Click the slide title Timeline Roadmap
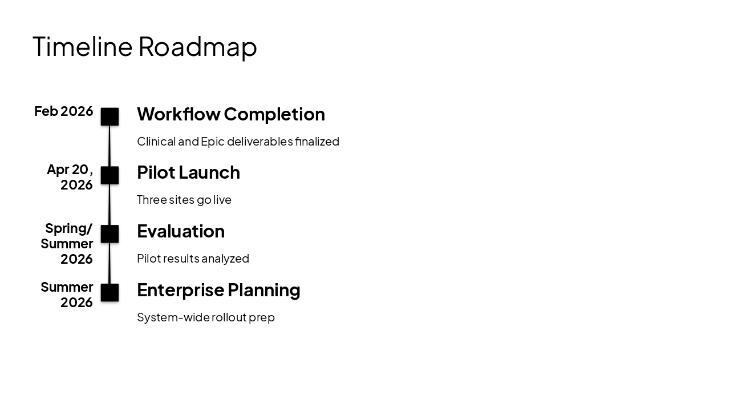pos(145,47)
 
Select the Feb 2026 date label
pos(64,111)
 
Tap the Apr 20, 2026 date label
pos(70,177)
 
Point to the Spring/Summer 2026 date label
pos(67,244)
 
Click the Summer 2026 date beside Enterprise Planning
pos(67,295)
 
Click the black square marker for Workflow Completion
pos(109,116)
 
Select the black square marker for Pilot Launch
pos(109,175)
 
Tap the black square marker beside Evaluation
pos(109,234)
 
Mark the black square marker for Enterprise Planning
pos(109,293)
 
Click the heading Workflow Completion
pos(231,114)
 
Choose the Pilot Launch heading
pos(188,172)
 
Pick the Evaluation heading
pos(181,231)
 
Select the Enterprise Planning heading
pos(218,290)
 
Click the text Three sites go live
pos(184,200)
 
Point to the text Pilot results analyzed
pos(193,259)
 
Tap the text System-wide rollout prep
pos(206,317)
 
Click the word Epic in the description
pos(212,142)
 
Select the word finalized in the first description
pos(317,142)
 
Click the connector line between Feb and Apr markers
pos(109,146)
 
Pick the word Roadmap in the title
pos(197,47)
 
